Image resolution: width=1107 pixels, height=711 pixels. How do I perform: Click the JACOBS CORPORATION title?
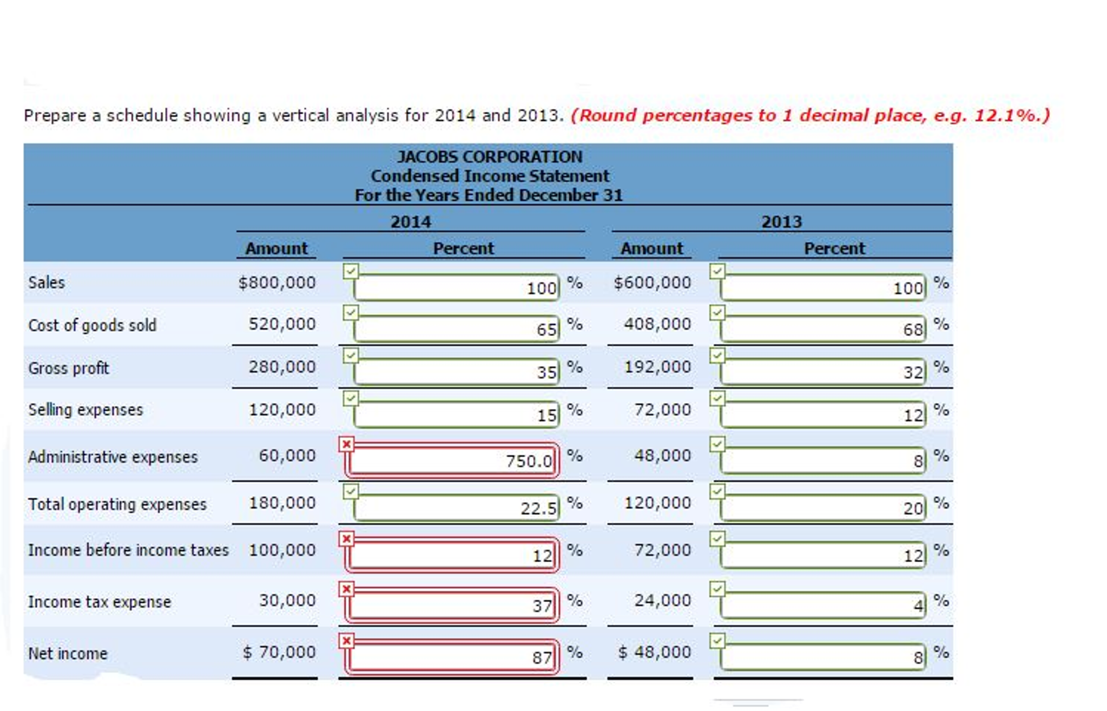click(489, 157)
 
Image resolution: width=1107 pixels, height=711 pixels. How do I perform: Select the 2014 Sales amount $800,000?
click(276, 282)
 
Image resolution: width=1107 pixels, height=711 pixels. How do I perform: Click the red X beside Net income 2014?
click(346, 641)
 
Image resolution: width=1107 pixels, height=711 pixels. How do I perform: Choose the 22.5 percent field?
click(456, 508)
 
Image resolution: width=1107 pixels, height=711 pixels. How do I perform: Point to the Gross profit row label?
click(68, 368)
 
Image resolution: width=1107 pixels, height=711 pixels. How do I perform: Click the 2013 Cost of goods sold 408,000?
click(657, 324)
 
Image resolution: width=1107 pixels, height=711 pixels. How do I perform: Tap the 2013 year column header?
click(781, 222)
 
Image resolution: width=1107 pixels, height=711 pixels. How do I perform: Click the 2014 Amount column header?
click(276, 248)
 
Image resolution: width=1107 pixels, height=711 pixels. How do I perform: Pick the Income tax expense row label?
click(99, 602)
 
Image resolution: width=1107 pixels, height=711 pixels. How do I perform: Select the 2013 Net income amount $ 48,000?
click(654, 653)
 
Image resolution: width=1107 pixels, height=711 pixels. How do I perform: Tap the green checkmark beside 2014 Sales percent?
click(351, 271)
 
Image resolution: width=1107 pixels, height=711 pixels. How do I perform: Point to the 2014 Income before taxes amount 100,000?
click(282, 550)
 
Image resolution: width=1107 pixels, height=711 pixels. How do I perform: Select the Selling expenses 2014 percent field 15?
click(456, 415)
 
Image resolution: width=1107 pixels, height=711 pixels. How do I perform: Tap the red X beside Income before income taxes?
click(346, 539)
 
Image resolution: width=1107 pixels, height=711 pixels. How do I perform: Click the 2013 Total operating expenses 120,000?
click(657, 503)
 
